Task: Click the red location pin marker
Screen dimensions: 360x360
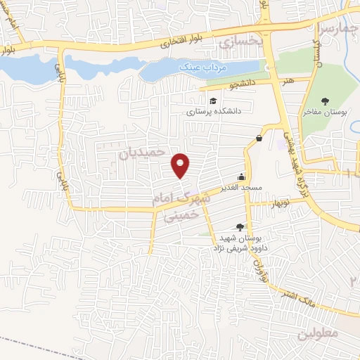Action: (181, 165)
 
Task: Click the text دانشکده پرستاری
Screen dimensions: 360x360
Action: (213, 111)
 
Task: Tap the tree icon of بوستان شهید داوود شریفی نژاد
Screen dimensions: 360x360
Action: (240, 226)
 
